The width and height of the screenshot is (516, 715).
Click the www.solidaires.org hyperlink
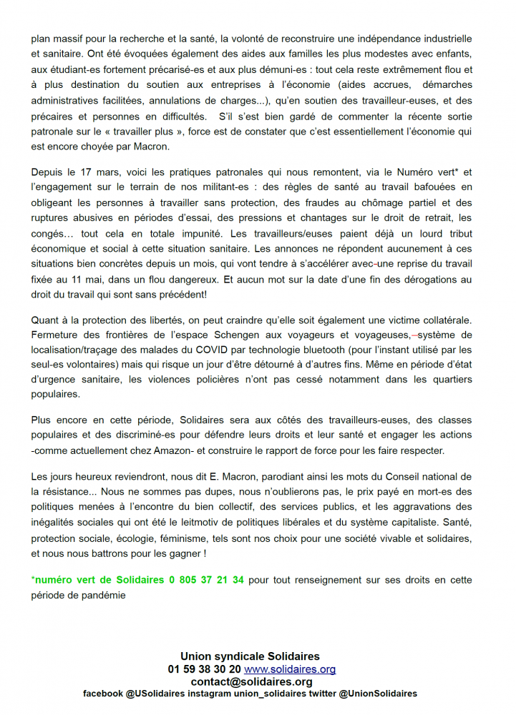pos(290,669)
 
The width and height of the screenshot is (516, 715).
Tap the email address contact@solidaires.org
pos(251,681)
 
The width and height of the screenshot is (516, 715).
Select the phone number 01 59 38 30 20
pos(204,669)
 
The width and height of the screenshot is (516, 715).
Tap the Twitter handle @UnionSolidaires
pos(378,694)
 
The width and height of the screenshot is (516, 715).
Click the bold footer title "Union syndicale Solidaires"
pos(250,656)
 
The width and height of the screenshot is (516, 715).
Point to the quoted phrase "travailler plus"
pos(161,132)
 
